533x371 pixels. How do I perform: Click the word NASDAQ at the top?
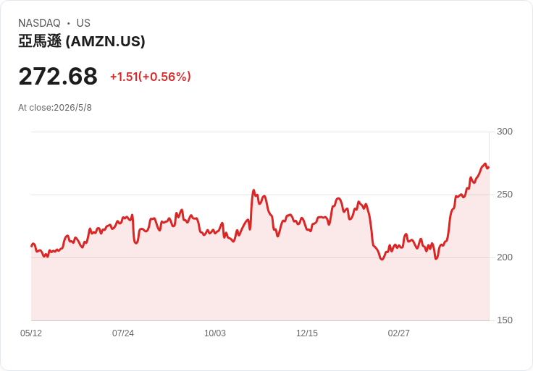[39, 23]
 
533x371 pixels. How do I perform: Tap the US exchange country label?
[83, 23]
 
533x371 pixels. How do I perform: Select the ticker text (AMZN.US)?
[106, 41]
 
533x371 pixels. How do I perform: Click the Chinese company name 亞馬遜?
[40, 41]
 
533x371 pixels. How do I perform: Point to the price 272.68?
[58, 77]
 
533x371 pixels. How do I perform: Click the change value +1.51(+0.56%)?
[150, 77]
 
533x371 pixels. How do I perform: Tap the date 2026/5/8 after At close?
[72, 108]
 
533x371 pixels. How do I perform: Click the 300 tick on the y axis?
[505, 132]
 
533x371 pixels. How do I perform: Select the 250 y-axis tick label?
[505, 195]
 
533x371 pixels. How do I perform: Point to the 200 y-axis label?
[505, 257]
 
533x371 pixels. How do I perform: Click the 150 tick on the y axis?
[505, 320]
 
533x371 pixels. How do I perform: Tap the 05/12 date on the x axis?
[31, 333]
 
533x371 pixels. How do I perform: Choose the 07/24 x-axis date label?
[122, 333]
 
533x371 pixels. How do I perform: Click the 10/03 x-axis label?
[215, 333]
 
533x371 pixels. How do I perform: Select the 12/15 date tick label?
[306, 333]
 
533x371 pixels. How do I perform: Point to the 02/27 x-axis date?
[399, 333]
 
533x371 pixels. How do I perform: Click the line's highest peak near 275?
[485, 164]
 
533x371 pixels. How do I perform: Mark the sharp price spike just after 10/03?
[253, 190]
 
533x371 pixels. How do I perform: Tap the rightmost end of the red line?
[489, 167]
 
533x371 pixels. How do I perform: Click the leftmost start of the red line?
[32, 246]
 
